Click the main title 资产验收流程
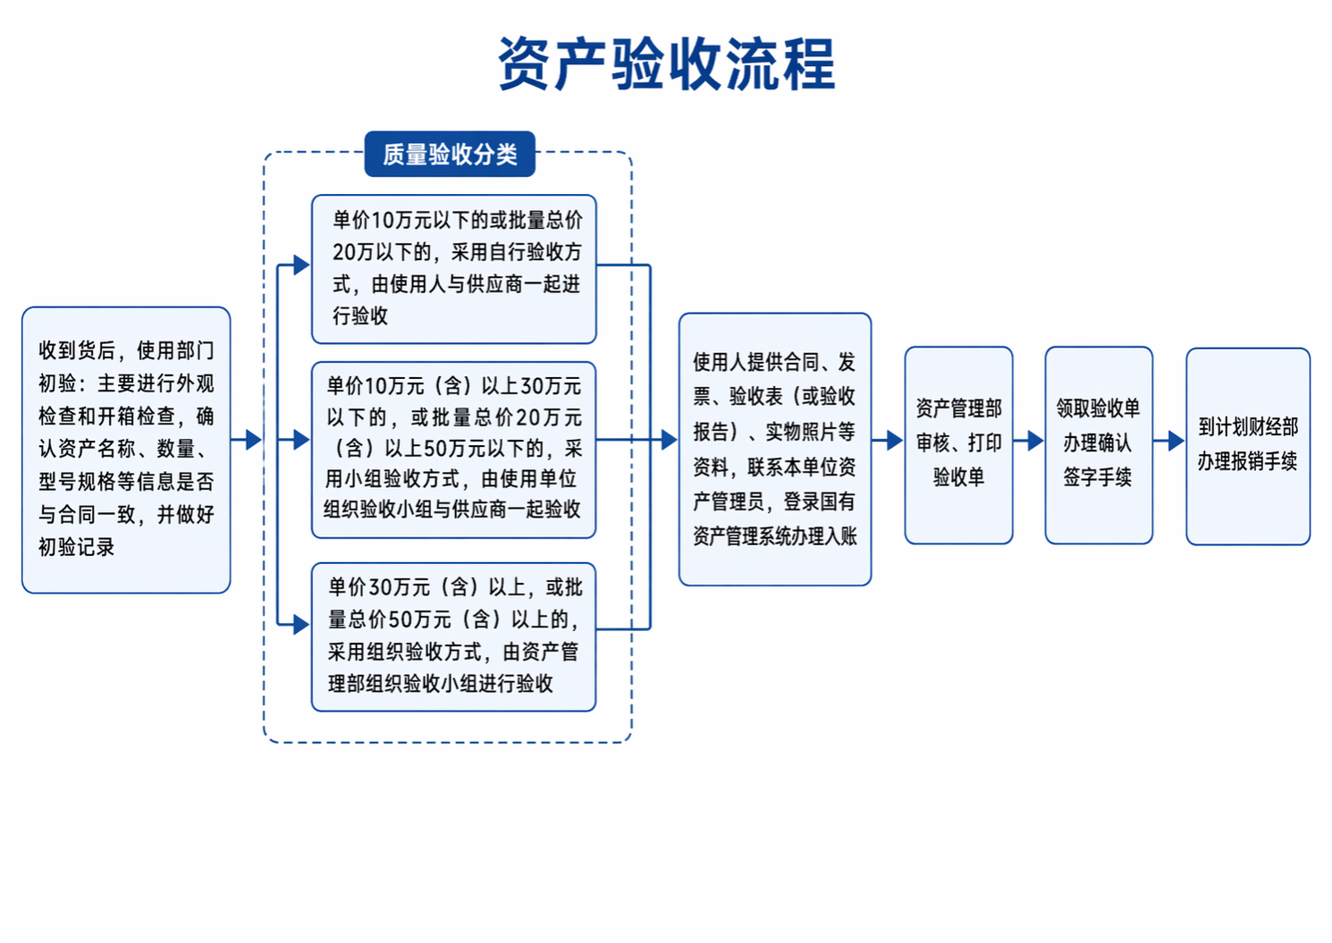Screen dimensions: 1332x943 pos(667,63)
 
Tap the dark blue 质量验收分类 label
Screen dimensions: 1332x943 pos(450,154)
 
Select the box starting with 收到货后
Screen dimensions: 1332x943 pos(126,450)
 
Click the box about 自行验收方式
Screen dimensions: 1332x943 pos(454,269)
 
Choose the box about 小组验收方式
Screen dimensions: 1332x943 pos(454,450)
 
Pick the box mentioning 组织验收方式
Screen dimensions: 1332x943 pos(454,636)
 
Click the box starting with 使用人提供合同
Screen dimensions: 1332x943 pos(775,450)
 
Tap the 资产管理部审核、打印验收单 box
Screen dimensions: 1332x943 pos(958,445)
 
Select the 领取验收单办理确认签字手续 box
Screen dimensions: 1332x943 pos(1099,445)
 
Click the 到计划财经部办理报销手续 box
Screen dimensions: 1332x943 pos(1248,446)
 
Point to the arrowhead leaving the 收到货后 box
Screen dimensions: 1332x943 pos(254,440)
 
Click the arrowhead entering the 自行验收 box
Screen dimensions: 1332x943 pos(302,265)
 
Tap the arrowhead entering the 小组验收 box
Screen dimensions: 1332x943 pos(302,440)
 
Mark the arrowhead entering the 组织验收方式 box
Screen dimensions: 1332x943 pos(302,625)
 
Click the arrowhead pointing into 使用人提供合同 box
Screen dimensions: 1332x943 pos(670,440)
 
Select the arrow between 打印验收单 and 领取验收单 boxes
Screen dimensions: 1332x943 pos(1029,441)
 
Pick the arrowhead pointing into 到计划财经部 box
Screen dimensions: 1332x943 pos(1176,441)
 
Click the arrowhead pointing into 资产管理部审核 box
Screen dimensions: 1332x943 pos(896,441)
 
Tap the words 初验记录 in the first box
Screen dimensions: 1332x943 pos(76,547)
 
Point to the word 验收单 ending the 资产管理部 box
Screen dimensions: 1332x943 pos(958,476)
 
